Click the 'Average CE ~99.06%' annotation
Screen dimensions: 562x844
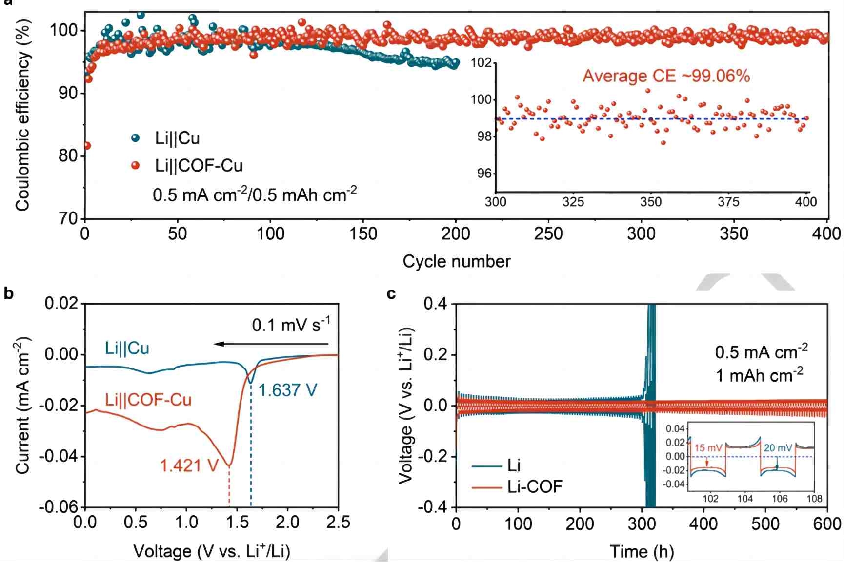click(x=666, y=76)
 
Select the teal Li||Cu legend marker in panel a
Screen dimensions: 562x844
click(x=136, y=138)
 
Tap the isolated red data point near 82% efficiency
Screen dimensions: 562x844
click(x=87, y=145)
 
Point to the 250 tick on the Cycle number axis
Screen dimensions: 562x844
click(x=548, y=234)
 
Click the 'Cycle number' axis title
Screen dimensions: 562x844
click(x=456, y=262)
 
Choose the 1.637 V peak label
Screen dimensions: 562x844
click(x=287, y=390)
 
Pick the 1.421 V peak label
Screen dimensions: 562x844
click(x=189, y=466)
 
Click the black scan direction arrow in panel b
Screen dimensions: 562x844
click(x=271, y=344)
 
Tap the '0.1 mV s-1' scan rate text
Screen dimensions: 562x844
click(x=291, y=325)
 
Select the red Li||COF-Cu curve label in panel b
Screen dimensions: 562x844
click(x=148, y=400)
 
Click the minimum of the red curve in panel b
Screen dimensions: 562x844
click(x=229, y=465)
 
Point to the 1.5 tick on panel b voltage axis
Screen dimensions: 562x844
click(x=237, y=523)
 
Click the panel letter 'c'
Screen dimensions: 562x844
click(x=391, y=293)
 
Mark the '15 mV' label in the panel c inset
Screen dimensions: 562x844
click(x=708, y=448)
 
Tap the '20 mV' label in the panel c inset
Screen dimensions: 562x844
click(x=778, y=448)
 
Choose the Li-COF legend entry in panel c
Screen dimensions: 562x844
click(x=534, y=486)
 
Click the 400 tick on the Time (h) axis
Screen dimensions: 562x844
click(x=703, y=523)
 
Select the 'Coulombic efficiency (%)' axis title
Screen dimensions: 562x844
click(x=22, y=116)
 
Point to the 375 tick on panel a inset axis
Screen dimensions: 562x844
click(x=728, y=202)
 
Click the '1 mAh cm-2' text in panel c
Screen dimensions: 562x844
click(x=759, y=375)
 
